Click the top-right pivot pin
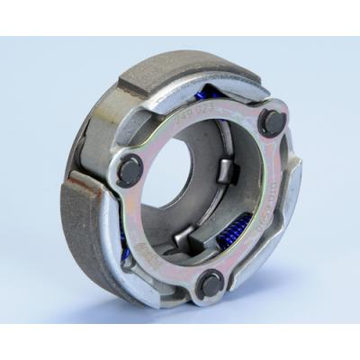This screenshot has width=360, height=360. [x=270, y=121]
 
